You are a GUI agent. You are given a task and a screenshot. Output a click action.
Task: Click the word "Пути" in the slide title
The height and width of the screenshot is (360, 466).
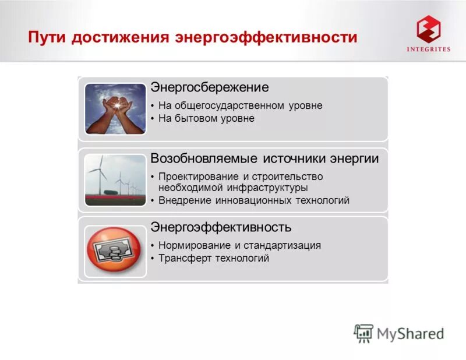point(49,37)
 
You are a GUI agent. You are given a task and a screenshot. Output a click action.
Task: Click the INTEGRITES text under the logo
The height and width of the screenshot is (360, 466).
point(428,50)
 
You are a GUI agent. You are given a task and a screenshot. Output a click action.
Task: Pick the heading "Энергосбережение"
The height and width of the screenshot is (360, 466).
point(210,87)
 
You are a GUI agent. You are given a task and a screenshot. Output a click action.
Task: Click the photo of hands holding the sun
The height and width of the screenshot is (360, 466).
point(115,108)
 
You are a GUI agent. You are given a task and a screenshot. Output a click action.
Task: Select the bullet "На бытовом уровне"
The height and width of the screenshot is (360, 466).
point(206,118)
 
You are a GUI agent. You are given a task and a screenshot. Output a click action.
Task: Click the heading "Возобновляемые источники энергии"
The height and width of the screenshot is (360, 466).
point(264,158)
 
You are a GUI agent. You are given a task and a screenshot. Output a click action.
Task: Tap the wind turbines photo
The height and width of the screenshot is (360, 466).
point(115,180)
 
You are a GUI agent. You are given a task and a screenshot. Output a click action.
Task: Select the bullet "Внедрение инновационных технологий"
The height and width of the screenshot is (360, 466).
point(253,200)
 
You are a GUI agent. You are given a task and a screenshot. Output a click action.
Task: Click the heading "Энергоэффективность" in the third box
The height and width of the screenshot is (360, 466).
point(221,227)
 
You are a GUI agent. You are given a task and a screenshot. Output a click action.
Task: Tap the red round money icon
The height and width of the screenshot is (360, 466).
point(114,251)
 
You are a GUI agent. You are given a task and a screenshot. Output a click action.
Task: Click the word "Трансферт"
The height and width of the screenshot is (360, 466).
point(184,258)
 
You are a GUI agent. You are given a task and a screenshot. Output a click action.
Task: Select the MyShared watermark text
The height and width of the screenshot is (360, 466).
point(410,333)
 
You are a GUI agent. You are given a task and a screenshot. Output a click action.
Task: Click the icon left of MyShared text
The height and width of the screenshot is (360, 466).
point(363,333)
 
